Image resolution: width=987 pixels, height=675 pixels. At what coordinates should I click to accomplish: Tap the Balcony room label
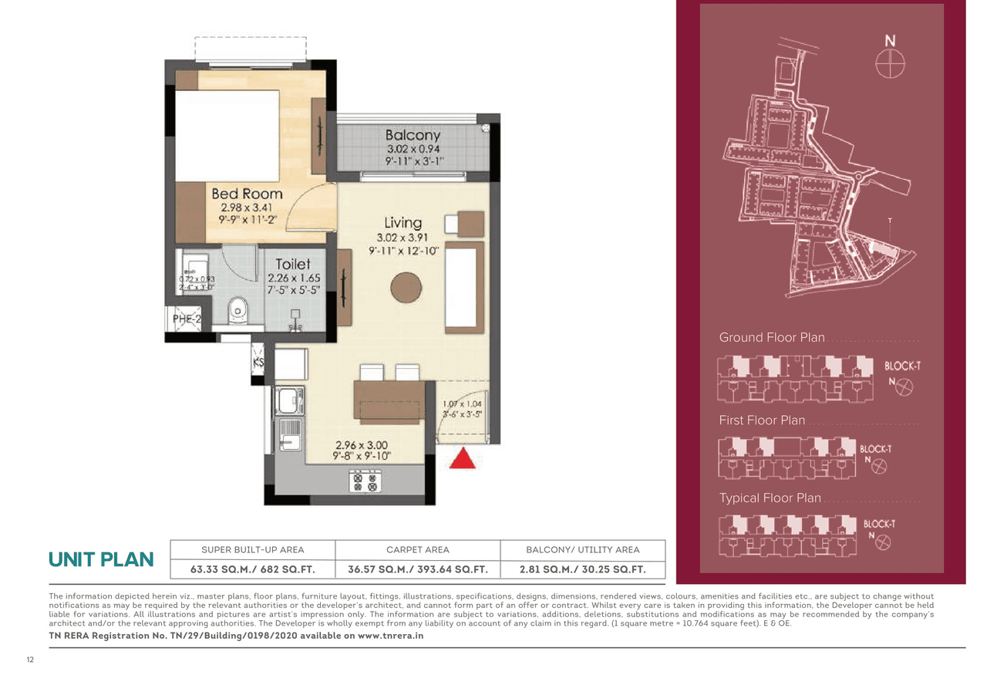pyautogui.click(x=413, y=135)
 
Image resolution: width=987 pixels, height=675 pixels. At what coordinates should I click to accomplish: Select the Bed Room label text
pyautogui.click(x=247, y=194)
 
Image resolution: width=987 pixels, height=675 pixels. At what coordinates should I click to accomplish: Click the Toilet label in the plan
pyautogui.click(x=293, y=265)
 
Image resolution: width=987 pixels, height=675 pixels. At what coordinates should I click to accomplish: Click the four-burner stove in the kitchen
pyautogui.click(x=365, y=482)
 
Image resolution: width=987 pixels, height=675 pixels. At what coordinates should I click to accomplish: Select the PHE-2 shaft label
pyautogui.click(x=186, y=318)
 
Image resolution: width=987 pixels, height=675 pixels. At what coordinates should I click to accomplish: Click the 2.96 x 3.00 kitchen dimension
pyautogui.click(x=361, y=445)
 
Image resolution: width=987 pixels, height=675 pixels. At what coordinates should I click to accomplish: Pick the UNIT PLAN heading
pyautogui.click(x=101, y=560)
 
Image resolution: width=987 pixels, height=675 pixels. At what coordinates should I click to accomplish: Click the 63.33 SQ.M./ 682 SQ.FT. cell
pyautogui.click(x=252, y=570)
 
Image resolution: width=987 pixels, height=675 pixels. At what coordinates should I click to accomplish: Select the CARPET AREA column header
pyautogui.click(x=417, y=550)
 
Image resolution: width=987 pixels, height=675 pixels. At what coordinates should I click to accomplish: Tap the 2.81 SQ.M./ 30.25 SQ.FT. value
pyautogui.click(x=582, y=570)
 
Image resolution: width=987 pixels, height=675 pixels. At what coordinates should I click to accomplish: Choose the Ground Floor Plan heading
pyautogui.click(x=771, y=338)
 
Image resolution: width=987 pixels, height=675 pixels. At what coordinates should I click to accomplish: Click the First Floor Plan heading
pyautogui.click(x=762, y=420)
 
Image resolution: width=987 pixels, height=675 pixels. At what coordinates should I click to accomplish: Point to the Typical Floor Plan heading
pyautogui.click(x=770, y=498)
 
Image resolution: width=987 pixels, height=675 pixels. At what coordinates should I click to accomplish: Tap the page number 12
pyautogui.click(x=30, y=660)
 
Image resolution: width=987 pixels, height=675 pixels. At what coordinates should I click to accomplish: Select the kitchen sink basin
pyautogui.click(x=290, y=400)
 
